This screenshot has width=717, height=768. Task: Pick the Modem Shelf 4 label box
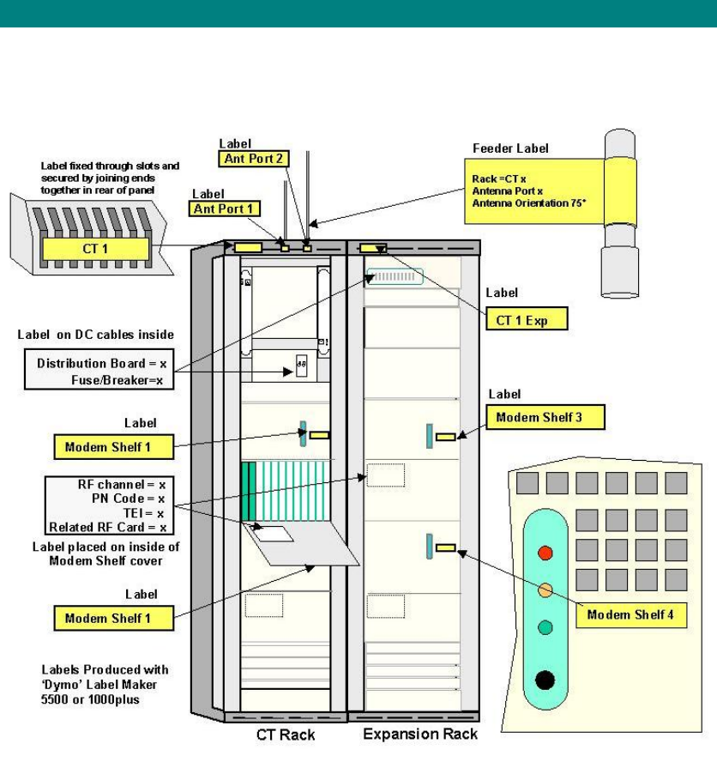click(x=635, y=614)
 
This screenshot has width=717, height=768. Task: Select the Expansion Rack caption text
click(x=420, y=735)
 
